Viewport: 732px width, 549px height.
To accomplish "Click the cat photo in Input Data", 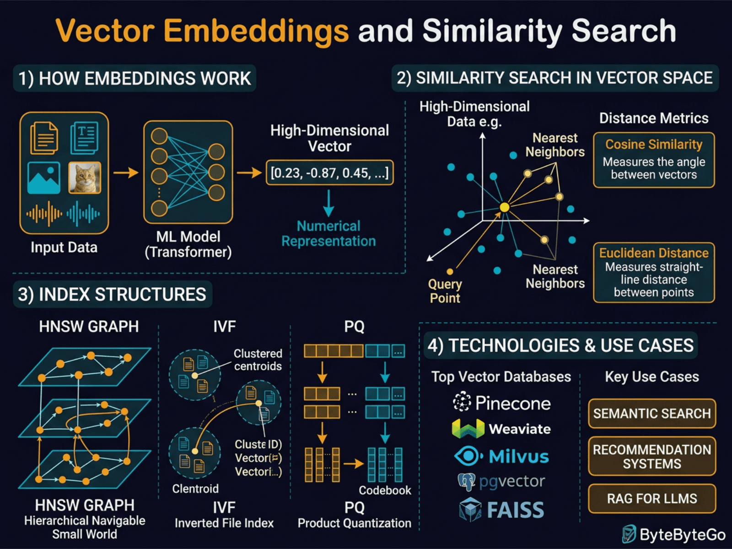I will click(x=85, y=178).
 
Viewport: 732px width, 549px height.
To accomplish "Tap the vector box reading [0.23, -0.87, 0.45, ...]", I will click(x=329, y=173).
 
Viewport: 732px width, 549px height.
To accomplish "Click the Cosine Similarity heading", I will click(x=653, y=145).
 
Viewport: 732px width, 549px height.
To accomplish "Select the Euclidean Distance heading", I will click(x=653, y=253).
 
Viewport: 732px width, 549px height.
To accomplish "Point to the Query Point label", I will click(x=445, y=291).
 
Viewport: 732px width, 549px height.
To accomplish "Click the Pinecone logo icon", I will click(x=462, y=402).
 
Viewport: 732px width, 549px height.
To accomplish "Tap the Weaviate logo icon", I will click(x=468, y=429).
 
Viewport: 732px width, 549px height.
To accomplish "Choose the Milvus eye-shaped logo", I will click(x=468, y=456).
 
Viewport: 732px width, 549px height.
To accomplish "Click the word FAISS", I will click(x=515, y=510).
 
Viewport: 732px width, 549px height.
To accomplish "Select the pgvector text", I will click(x=512, y=481).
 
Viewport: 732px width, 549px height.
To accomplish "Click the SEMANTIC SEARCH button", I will click(x=651, y=414).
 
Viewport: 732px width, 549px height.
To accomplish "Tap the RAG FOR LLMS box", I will click(x=651, y=498).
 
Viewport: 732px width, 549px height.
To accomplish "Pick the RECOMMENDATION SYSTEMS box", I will click(x=651, y=457).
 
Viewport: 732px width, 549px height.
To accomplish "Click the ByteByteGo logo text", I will click(x=682, y=534).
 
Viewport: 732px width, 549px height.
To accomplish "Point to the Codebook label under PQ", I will click(x=384, y=490).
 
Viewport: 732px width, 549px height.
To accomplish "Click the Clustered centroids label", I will click(x=258, y=360).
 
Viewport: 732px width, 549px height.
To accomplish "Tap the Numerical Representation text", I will click(x=328, y=233).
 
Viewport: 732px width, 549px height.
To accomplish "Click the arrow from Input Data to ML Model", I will click(x=126, y=172).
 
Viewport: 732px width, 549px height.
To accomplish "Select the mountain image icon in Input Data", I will click(x=44, y=178).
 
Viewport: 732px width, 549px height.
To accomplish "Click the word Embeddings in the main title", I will click(x=256, y=31).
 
